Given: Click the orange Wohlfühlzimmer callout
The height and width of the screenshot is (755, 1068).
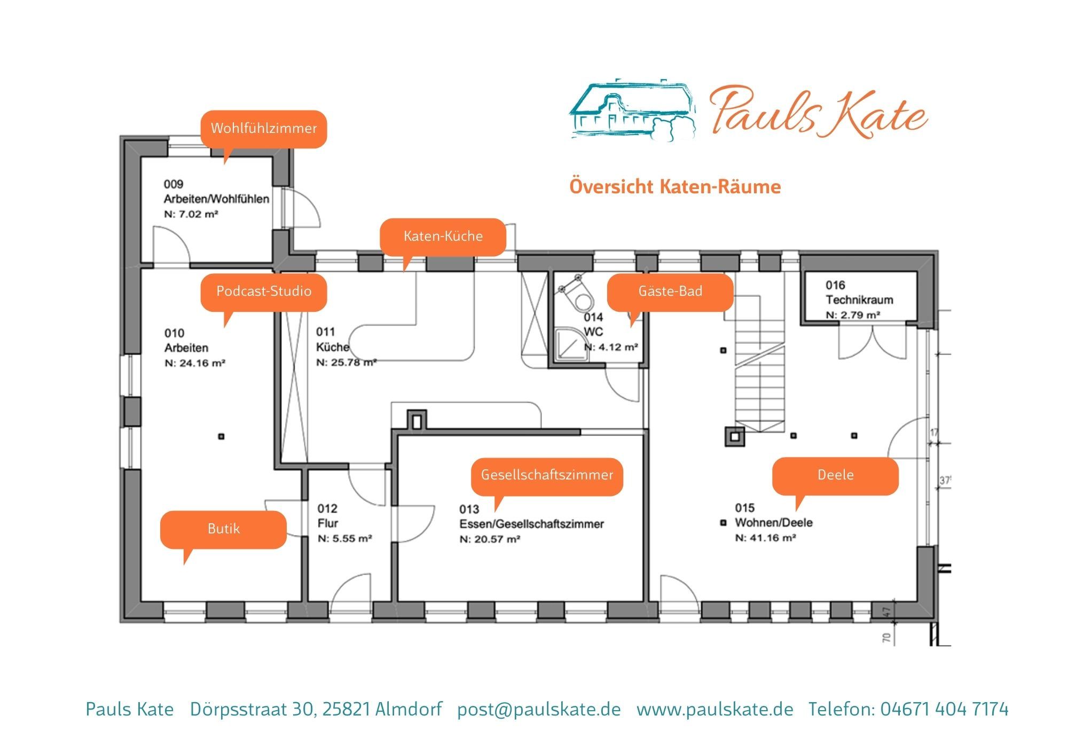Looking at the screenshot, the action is coord(263,129).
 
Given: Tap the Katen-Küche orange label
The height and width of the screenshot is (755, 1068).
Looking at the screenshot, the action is coord(443,237).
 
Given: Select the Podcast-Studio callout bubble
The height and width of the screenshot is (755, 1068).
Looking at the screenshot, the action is coord(263,292).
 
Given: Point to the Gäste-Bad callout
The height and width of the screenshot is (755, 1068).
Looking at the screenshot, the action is coord(670,292).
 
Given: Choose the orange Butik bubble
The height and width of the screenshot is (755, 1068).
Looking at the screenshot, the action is coord(223,529).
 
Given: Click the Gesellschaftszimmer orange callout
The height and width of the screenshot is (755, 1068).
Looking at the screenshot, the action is coord(547,476).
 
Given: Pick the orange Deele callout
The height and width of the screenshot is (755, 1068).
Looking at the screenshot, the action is coord(835,476).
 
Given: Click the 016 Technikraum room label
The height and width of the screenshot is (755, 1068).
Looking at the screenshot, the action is coord(859,293).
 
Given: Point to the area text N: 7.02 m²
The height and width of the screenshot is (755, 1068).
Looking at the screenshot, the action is coord(191,215).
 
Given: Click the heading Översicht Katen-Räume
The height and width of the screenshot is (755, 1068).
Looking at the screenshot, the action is coord(675,187).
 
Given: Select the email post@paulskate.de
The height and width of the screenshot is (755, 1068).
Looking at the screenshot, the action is coord(539,710).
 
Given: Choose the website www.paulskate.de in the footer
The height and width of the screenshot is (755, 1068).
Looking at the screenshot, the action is coord(715,710).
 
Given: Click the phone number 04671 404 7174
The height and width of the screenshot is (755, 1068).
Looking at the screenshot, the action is coord(945,709).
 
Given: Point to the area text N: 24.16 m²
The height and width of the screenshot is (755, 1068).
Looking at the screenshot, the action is coord(195,364).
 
